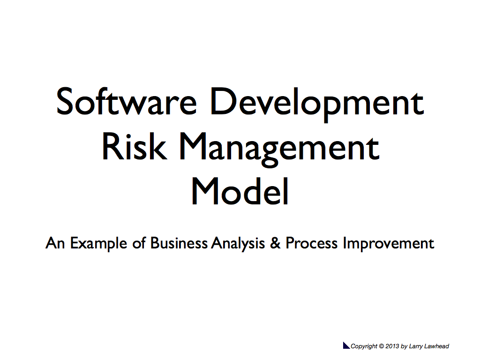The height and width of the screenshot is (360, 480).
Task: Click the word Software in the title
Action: click(x=127, y=101)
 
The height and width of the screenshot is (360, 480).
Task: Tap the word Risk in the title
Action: click(x=135, y=146)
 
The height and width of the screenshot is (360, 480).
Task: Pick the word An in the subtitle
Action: click(x=55, y=243)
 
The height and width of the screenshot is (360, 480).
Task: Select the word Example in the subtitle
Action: click(x=98, y=244)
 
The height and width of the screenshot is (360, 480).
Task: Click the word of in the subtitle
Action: click(x=139, y=243)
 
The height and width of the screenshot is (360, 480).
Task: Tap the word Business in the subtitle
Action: click(x=179, y=243)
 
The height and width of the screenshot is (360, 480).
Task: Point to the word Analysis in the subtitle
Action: click(x=238, y=244)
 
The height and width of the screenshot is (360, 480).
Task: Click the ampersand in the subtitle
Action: click(x=275, y=243)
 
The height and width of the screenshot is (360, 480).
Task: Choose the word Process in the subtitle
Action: click(x=311, y=243)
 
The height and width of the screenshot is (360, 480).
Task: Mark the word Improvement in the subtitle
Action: click(x=389, y=244)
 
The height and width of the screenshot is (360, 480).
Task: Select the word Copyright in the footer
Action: click(x=364, y=346)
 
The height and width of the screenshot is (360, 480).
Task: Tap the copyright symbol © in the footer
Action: click(x=382, y=346)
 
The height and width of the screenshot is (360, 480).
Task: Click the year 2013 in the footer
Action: click(x=392, y=346)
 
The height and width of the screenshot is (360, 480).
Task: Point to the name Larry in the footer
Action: click(x=416, y=346)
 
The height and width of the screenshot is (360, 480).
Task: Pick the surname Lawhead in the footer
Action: click(x=436, y=346)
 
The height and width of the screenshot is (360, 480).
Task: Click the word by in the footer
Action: click(x=404, y=346)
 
